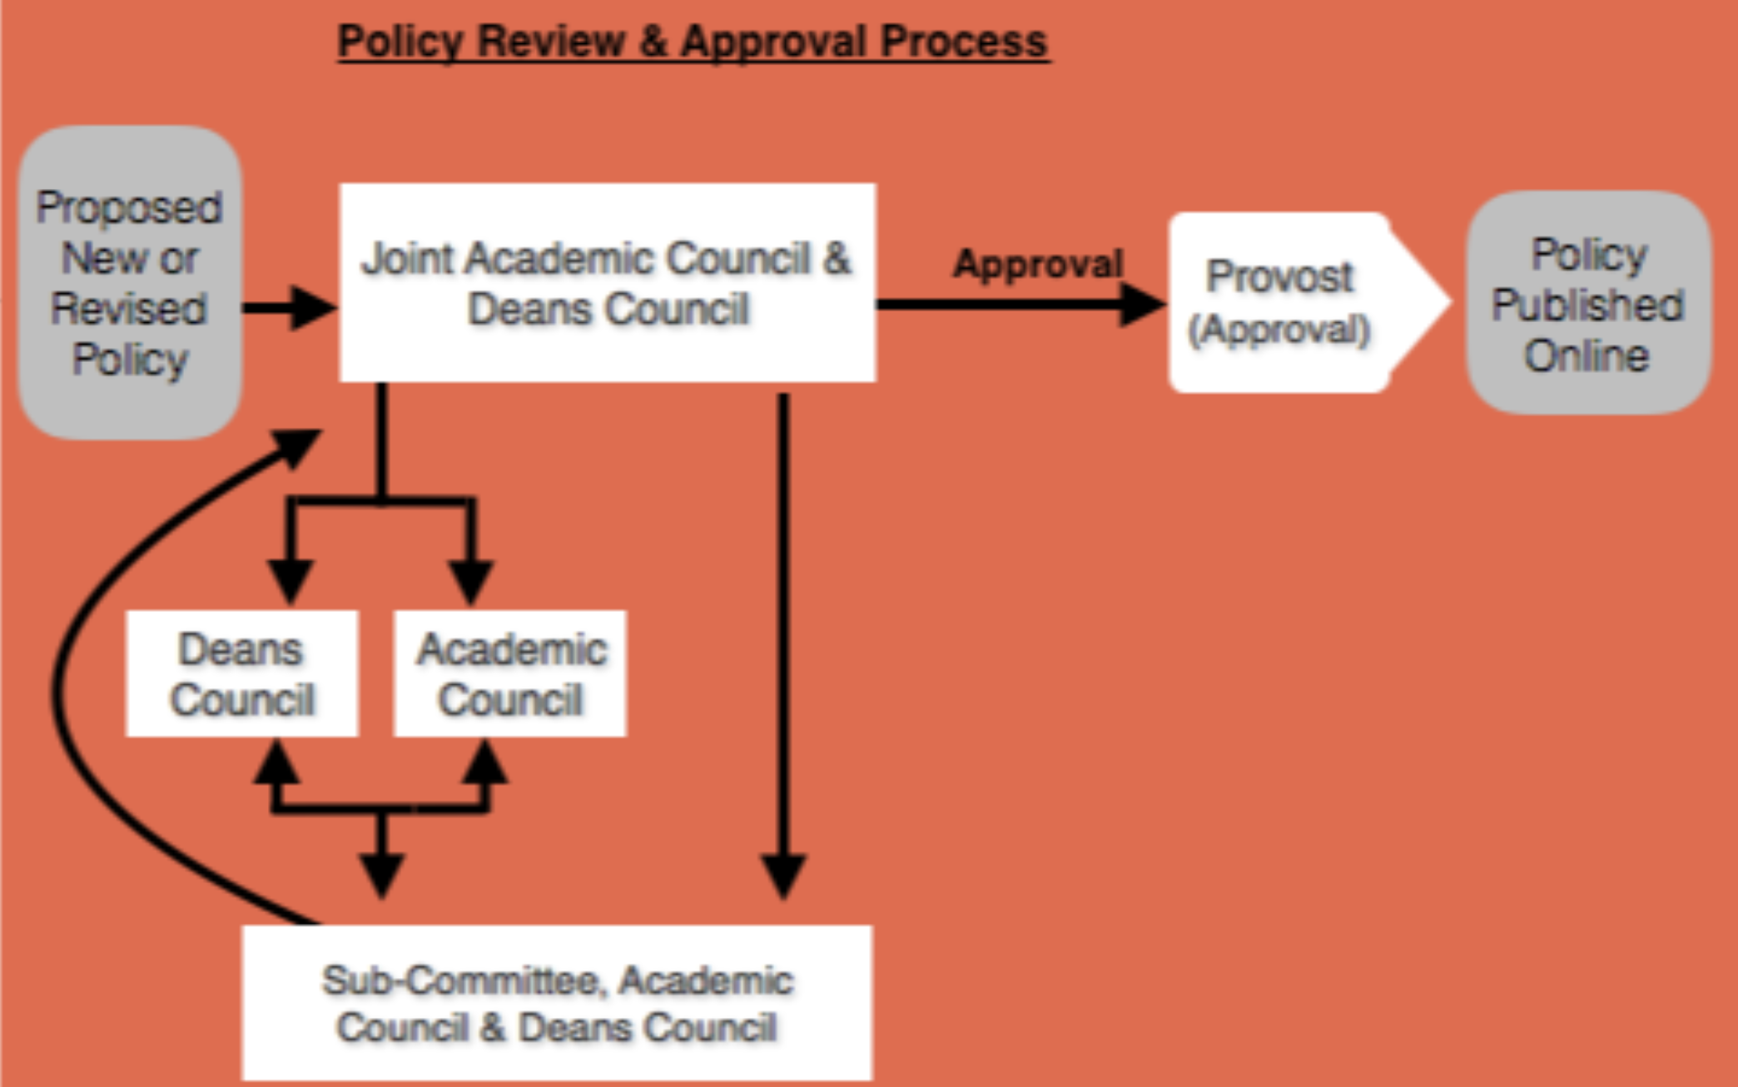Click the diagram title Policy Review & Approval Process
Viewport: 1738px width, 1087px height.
point(693,42)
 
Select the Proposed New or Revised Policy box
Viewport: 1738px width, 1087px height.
point(130,283)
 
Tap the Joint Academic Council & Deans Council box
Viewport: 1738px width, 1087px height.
point(608,283)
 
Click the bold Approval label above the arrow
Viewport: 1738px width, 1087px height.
point(1038,264)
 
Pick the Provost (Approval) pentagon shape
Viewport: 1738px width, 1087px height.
point(1299,302)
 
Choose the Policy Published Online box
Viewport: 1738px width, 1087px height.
point(1588,303)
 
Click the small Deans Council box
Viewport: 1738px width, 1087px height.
point(241,673)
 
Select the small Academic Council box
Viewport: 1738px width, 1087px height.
point(510,673)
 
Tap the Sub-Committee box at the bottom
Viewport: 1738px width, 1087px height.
point(557,1002)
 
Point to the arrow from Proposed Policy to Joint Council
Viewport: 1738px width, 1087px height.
point(287,308)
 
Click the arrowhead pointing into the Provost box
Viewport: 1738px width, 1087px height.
point(1142,304)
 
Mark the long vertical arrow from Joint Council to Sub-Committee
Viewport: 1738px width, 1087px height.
point(783,633)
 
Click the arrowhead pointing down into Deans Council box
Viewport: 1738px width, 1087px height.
point(290,581)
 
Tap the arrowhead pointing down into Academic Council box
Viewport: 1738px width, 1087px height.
point(471,581)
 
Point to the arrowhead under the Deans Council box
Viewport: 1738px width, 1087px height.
point(276,762)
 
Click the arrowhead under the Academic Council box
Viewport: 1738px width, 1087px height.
point(485,762)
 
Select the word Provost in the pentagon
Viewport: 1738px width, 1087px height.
point(1279,276)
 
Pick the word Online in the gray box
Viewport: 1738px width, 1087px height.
point(1587,355)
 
